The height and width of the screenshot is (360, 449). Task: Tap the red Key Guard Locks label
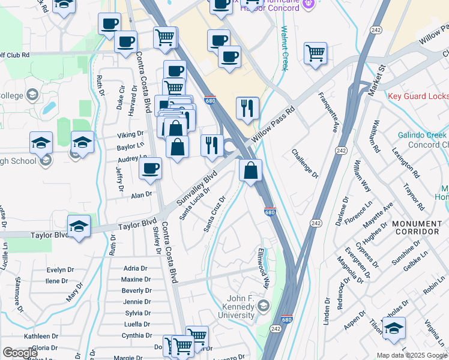pos(418,96)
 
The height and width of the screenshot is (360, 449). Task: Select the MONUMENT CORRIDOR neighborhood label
pos(417,227)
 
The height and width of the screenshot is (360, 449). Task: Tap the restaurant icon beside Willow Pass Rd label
pos(247,108)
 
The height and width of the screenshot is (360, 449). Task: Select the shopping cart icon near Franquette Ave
pos(315,53)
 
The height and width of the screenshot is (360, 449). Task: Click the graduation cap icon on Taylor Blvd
pos(79,226)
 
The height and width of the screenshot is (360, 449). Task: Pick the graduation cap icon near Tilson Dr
pos(394,328)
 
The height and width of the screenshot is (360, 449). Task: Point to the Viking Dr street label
pos(130,134)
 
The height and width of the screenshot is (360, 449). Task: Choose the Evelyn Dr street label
pos(60,270)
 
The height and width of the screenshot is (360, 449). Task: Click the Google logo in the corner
pos(20,352)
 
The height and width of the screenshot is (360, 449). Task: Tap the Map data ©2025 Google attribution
pos(411,355)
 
